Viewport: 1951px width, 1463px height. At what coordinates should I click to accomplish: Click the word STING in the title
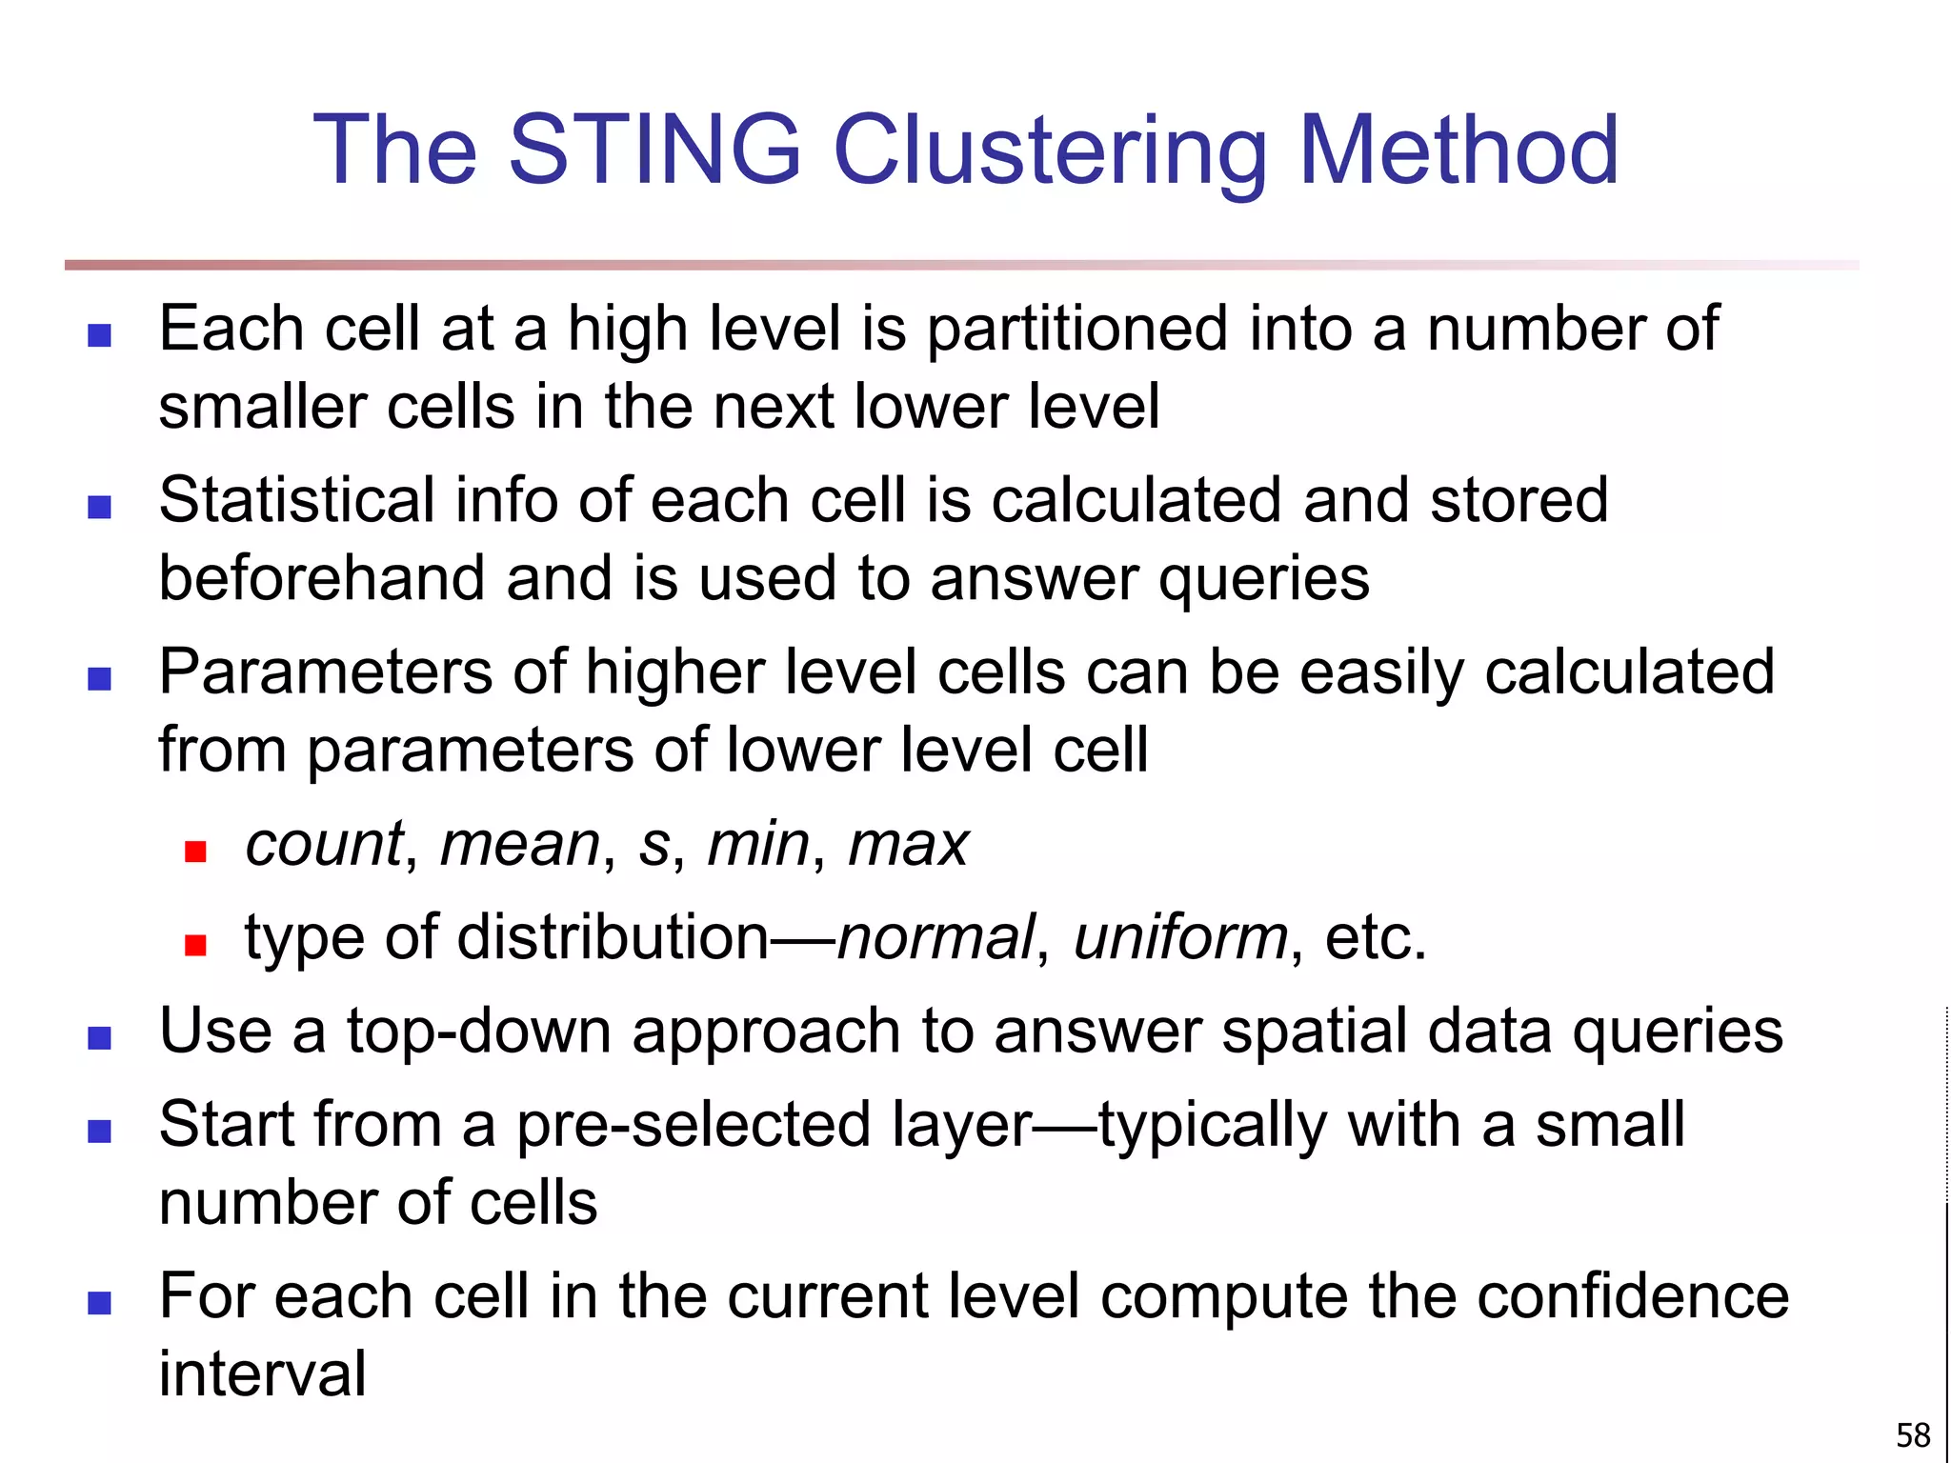(x=655, y=150)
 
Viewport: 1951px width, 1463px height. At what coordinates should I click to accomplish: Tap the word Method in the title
(x=1458, y=150)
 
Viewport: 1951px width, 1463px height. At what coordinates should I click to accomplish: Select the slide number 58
(x=1913, y=1434)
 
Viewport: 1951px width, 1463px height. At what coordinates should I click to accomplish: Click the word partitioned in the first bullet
(x=1076, y=330)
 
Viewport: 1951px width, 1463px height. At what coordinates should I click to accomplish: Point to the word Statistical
(x=296, y=500)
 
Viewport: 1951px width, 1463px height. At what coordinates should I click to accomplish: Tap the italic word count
(x=324, y=844)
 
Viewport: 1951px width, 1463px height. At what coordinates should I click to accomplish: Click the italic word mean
(x=520, y=844)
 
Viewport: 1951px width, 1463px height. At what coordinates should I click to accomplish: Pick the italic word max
(x=908, y=844)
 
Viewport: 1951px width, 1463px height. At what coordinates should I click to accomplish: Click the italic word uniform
(x=1180, y=937)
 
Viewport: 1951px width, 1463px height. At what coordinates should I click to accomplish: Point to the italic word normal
(x=935, y=937)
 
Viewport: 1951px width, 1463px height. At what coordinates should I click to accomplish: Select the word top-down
(x=478, y=1032)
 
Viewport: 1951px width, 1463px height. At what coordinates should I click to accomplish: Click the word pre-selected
(x=694, y=1125)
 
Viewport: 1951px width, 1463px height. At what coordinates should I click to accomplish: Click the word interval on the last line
(x=262, y=1373)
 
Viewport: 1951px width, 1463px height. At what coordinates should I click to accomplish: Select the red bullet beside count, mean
(x=195, y=852)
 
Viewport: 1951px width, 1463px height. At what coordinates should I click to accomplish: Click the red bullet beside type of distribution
(x=195, y=945)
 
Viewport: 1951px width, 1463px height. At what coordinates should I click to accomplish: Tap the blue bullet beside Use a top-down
(x=99, y=1038)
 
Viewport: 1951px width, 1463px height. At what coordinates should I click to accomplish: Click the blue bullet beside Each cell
(x=99, y=335)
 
